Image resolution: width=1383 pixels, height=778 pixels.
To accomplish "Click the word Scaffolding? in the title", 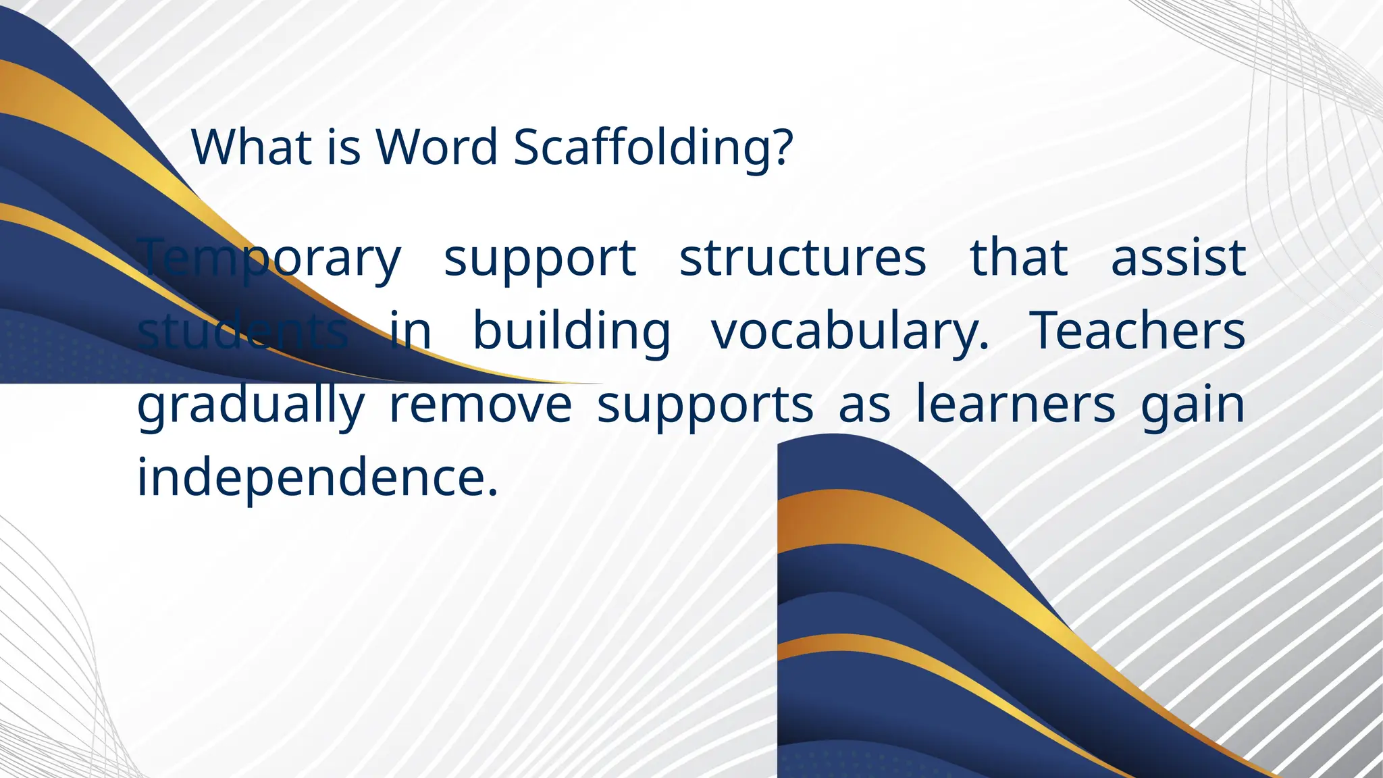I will (x=652, y=147).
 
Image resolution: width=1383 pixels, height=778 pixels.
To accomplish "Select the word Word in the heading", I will (x=437, y=147).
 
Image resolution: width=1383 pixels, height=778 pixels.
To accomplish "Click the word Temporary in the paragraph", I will (x=270, y=259).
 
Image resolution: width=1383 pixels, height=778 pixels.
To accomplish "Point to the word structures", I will (x=802, y=258).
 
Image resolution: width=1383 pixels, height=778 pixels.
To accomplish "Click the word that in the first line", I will (x=1018, y=258).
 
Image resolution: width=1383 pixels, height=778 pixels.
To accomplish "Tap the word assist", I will (x=1178, y=258).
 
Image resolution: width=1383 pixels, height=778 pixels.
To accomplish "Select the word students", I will (x=243, y=331).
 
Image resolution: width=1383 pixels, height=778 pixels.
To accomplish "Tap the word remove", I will (x=481, y=405).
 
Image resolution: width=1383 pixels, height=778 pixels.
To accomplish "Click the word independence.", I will (x=317, y=477).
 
